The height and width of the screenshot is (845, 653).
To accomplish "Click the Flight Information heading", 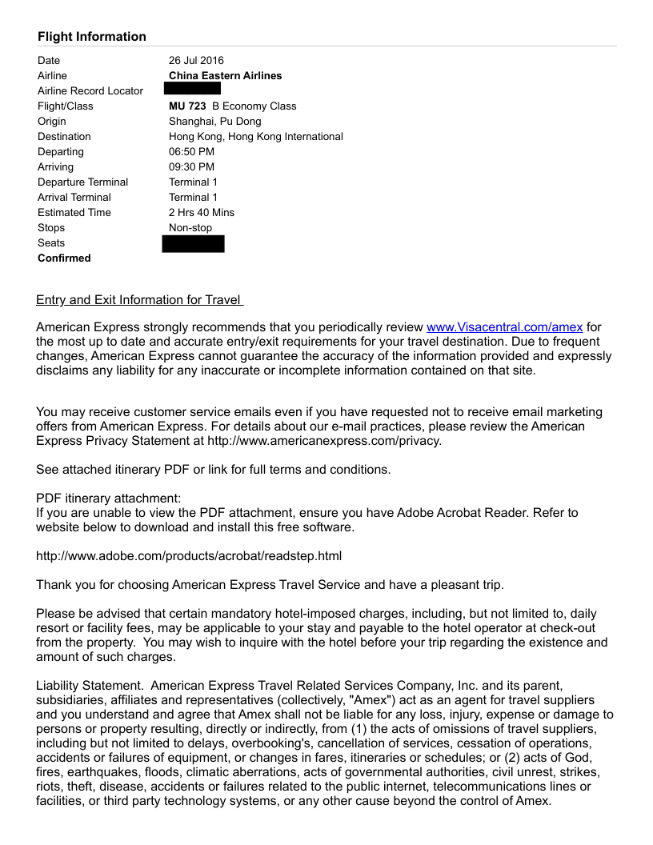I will [x=91, y=37].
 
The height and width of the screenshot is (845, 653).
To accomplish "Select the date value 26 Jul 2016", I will [x=196, y=61].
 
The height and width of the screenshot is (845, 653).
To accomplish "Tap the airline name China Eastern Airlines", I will [x=225, y=76].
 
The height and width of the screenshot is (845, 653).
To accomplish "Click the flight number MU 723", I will [x=187, y=106].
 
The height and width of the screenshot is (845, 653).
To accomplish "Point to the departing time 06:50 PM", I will [x=191, y=152].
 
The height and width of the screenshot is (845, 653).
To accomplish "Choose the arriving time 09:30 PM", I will [x=191, y=167].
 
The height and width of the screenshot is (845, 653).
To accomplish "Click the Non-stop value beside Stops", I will [x=190, y=228].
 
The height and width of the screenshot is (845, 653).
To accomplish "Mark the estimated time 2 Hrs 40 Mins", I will [x=202, y=213].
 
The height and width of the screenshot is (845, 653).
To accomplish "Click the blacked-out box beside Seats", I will [x=193, y=243].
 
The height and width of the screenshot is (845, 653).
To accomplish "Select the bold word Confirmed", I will [x=64, y=258].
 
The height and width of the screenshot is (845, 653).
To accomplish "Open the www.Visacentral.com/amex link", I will [x=504, y=326].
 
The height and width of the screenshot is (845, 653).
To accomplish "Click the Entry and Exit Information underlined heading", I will [x=139, y=300].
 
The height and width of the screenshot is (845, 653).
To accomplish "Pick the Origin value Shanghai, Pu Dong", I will [x=214, y=122].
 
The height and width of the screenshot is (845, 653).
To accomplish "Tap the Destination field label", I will [x=64, y=137].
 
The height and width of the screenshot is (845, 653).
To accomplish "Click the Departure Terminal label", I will [x=82, y=182].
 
